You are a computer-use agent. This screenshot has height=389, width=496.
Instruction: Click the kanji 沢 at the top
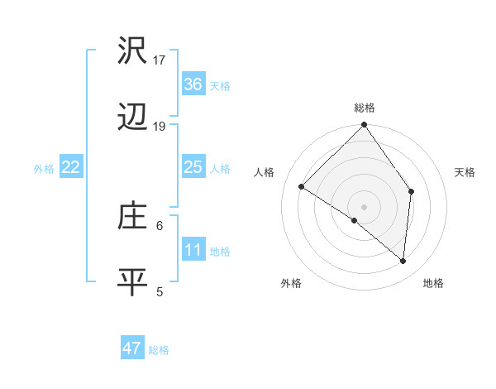tap(132, 50)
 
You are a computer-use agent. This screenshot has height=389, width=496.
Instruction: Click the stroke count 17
tap(160, 60)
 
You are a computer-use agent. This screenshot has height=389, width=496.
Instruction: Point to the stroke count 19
tap(160, 127)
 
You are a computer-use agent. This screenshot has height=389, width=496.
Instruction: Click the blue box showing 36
tap(193, 84)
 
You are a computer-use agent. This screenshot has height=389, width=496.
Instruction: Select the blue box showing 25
tap(193, 168)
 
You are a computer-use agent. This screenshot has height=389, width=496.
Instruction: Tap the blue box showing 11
tap(193, 250)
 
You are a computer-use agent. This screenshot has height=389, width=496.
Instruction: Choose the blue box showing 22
tap(71, 168)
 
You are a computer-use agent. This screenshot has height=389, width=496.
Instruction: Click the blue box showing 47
tap(132, 348)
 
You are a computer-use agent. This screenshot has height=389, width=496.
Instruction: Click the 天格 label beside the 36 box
tap(220, 86)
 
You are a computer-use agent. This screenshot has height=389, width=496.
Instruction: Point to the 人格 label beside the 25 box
tap(220, 169)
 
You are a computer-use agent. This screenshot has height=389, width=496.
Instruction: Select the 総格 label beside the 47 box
tap(159, 350)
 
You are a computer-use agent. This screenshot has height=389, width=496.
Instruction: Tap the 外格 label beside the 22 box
tap(44, 169)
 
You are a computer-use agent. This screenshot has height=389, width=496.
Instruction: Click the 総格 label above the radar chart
tap(365, 108)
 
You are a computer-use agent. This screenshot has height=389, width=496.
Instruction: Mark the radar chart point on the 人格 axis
tap(302, 187)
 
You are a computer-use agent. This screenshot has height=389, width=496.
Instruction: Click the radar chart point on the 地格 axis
tap(403, 261)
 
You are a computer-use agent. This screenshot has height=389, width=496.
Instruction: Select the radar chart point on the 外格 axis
tap(354, 220)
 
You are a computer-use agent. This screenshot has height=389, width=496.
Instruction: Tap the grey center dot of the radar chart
tap(364, 206)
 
